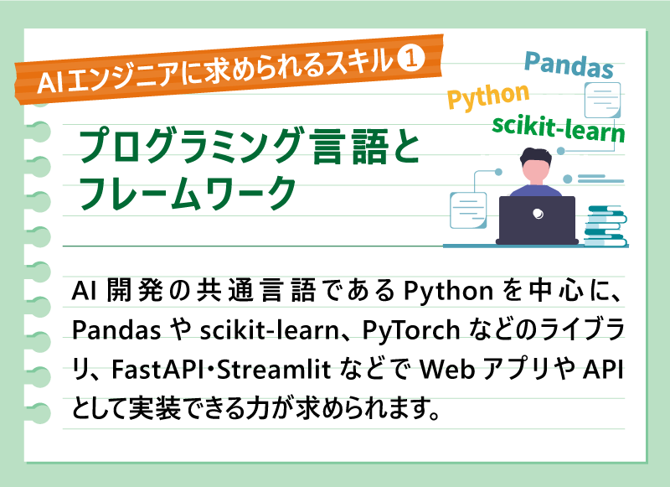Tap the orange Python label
pos(488,97)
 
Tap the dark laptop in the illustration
pos(537,220)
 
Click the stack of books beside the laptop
pos(605,224)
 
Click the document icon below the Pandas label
pos(601,101)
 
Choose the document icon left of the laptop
pos(469,208)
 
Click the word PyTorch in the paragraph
pos(410,330)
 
